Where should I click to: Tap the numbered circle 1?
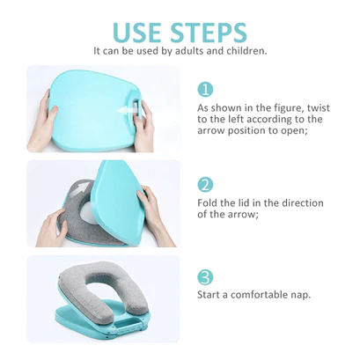coord(204,90)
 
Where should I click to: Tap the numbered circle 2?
coord(204,185)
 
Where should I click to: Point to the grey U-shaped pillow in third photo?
coord(97,295)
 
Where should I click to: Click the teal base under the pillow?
coord(88,327)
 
